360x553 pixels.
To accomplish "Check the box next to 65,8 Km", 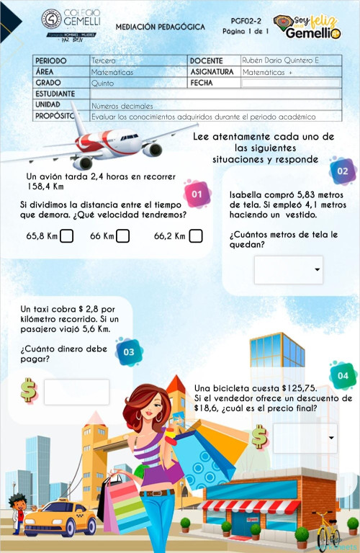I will [x=66, y=235].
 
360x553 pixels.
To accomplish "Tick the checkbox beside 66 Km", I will [x=123, y=235].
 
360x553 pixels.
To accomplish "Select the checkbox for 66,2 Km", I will [x=195, y=235].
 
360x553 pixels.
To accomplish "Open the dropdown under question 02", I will [x=289, y=269].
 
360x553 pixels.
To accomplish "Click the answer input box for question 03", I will [x=76, y=392].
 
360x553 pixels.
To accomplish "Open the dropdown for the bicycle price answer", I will [x=305, y=438].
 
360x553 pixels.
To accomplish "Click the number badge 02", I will [x=342, y=171].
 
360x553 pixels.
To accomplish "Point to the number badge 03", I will [x=128, y=351].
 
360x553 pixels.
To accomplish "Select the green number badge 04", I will [x=342, y=376].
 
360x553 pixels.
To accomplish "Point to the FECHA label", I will [x=204, y=83].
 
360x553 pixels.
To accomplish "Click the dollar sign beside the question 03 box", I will [x=28, y=390].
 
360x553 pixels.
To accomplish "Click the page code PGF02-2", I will [x=246, y=22].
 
